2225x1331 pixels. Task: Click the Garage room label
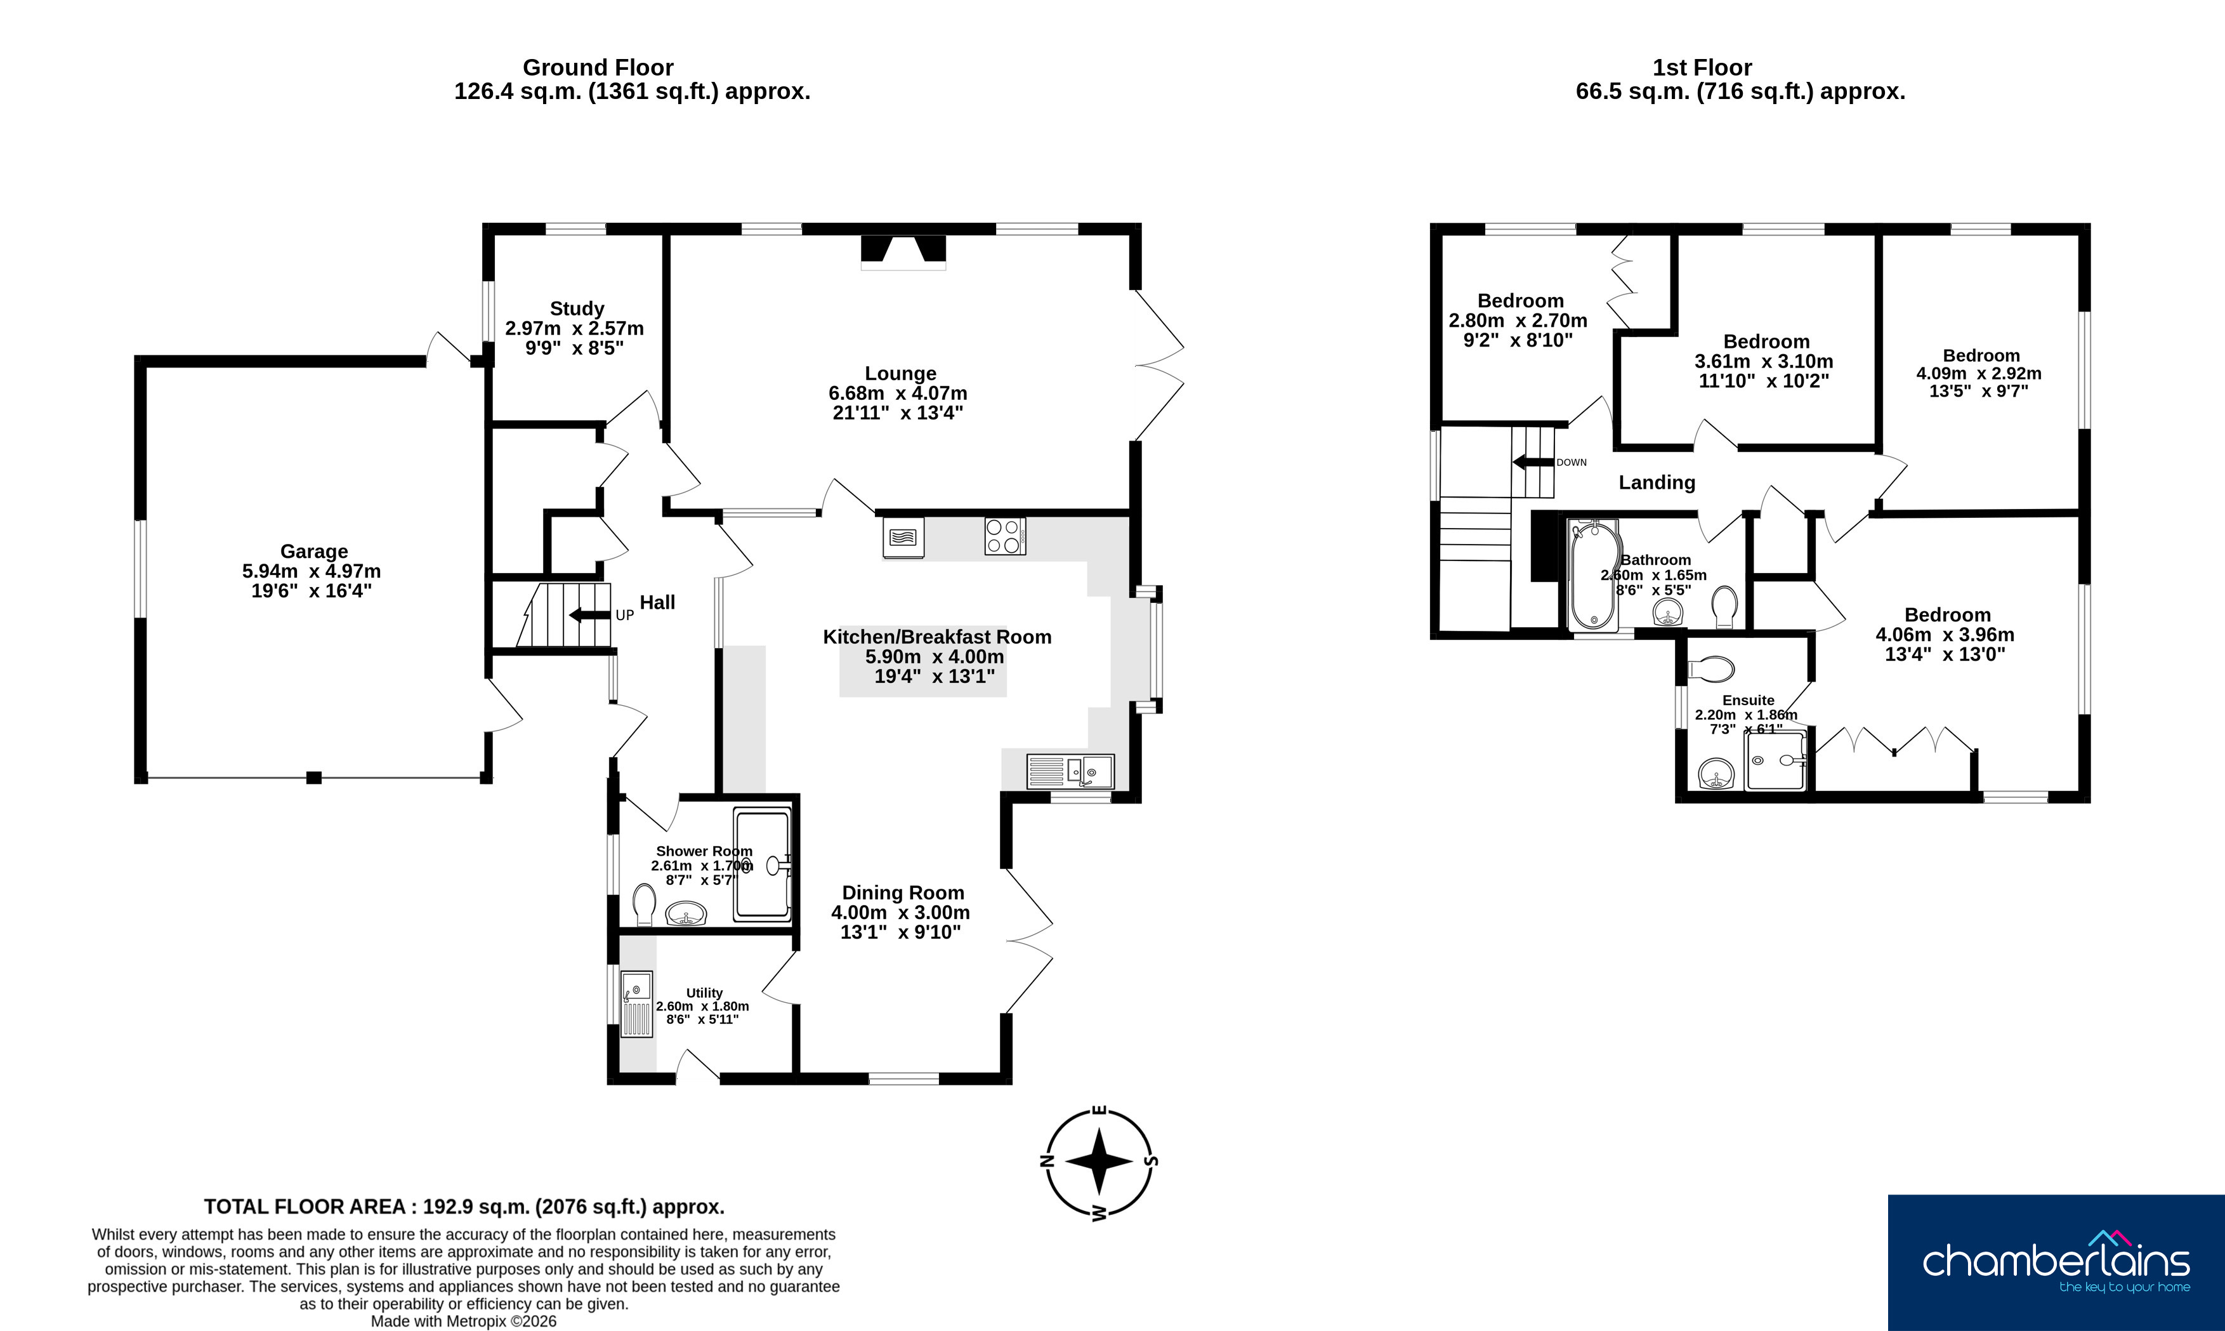[314, 552]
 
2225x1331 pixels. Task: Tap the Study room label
[577, 308]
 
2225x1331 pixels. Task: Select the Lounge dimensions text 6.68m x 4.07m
[898, 393]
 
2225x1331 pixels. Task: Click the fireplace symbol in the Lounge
[903, 252]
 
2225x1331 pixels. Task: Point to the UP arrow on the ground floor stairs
[589, 615]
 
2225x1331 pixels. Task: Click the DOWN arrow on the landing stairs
[1532, 463]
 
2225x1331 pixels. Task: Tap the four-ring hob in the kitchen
[1005, 536]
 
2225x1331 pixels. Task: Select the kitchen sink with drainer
[1070, 771]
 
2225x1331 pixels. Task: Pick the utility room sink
[636, 1005]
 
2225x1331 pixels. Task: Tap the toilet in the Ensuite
[1710, 669]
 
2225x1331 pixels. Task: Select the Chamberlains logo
[2056, 1263]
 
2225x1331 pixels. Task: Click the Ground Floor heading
[598, 67]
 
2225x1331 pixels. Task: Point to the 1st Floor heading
[1702, 67]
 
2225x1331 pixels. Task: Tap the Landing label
[1657, 482]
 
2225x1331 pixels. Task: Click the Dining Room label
[903, 892]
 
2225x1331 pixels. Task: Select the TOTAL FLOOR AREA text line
[464, 1207]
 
